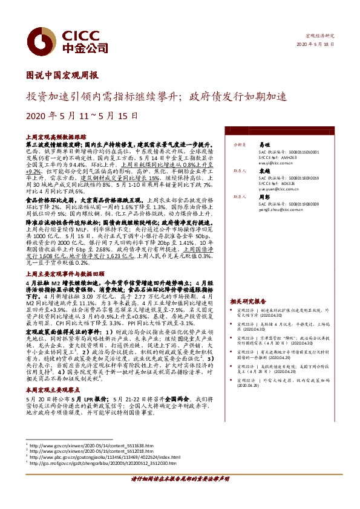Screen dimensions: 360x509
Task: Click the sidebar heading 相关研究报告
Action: [x=248, y=300]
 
